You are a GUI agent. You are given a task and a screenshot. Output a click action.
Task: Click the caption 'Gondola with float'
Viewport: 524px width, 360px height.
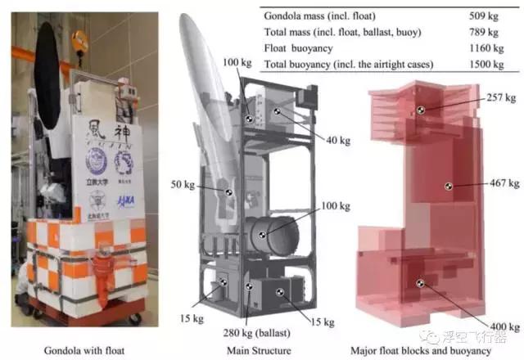[x=75, y=350]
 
